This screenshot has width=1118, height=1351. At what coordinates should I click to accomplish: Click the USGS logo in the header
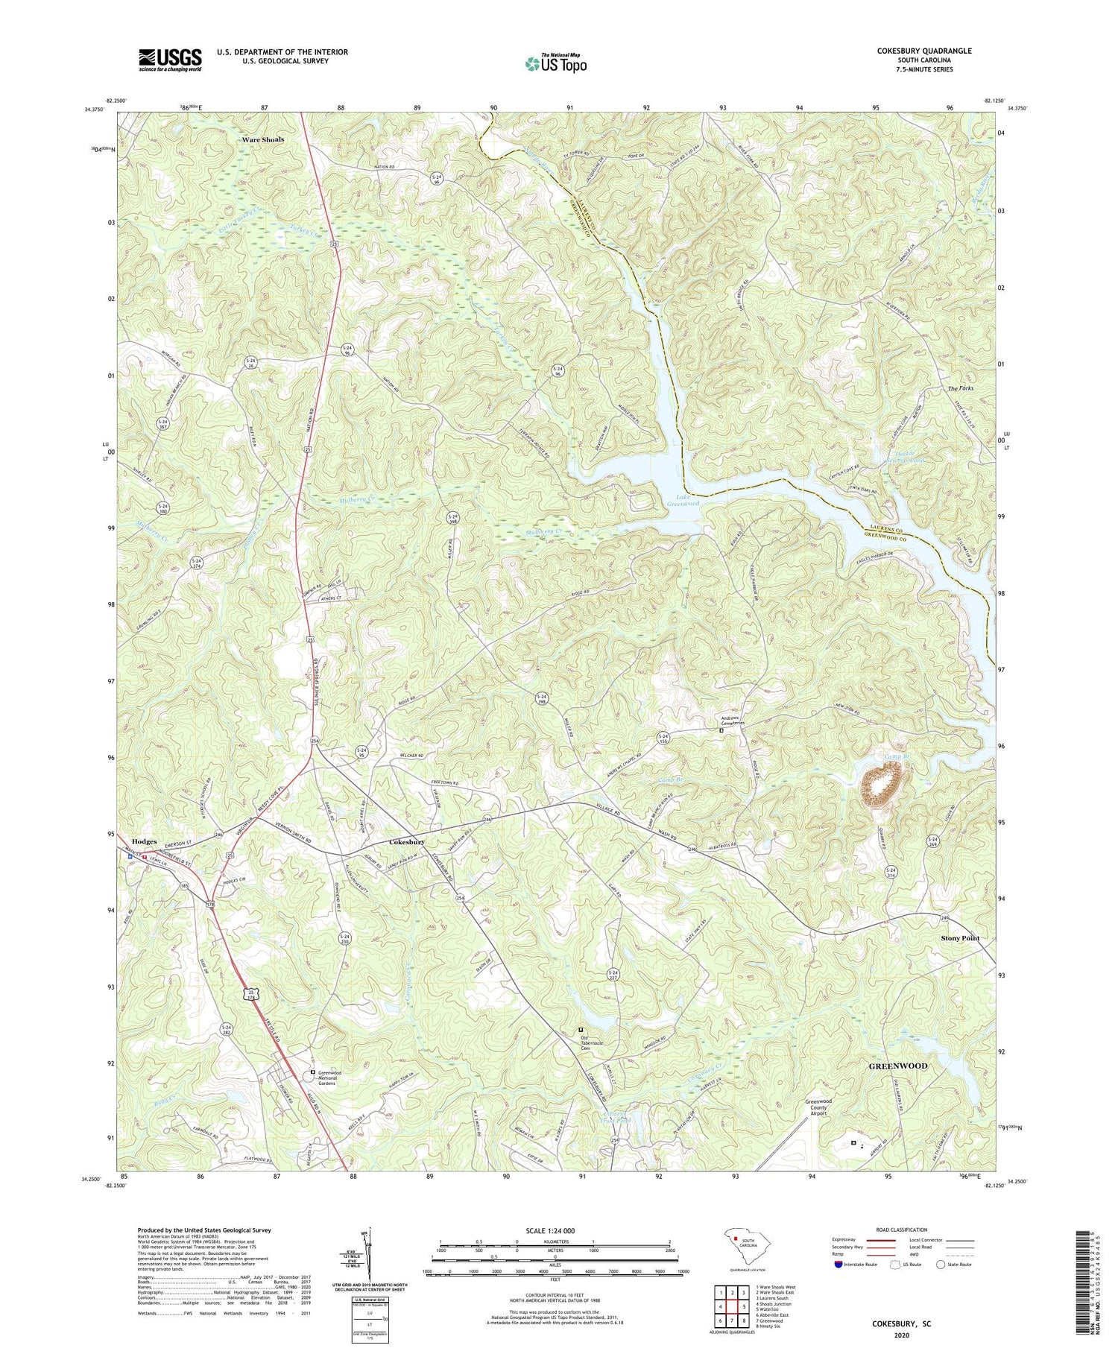pos(170,60)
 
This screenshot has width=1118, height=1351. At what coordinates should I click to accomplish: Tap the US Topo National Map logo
pos(555,63)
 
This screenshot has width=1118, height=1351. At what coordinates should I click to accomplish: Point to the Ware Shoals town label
pos(262,139)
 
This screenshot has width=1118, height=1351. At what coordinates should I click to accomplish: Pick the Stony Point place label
pos(960,938)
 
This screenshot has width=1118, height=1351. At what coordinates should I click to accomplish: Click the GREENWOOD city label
pos(898,1066)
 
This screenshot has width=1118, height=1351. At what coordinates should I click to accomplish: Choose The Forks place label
pos(960,389)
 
